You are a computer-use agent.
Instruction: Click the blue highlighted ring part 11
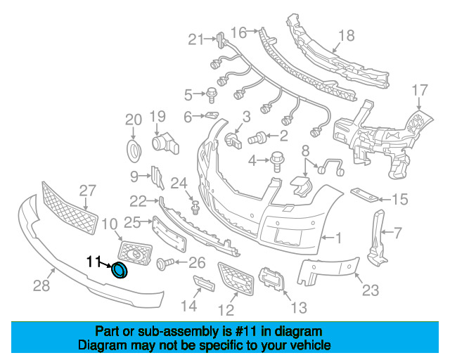tap(121, 270)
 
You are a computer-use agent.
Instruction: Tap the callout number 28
tap(41, 285)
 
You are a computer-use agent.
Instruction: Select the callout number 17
tap(419, 89)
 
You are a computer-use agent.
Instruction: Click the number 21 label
tap(195, 39)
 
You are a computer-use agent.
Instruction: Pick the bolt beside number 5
tap(210, 92)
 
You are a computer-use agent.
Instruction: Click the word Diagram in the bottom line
tap(98, 346)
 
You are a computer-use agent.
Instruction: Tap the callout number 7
tap(397, 232)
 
